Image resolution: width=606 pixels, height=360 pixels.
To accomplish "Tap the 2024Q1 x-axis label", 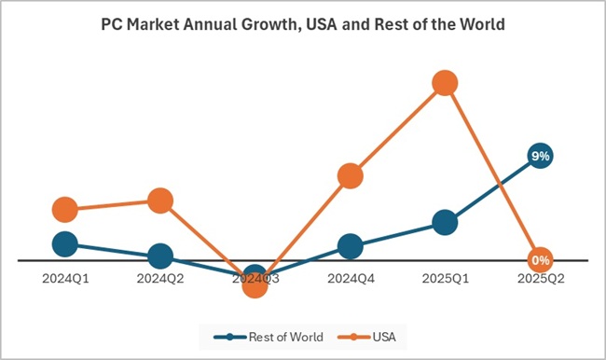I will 64,277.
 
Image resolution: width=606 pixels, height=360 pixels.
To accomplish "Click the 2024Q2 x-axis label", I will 159,277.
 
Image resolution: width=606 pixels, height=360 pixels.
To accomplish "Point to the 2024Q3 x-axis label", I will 255,277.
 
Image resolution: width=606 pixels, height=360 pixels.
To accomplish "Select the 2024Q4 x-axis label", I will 350,277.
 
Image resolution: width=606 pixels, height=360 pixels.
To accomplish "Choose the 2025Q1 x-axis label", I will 445,277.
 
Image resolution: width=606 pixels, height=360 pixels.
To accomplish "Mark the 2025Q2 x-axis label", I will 540,277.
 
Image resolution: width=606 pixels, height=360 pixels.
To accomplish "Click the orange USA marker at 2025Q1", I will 445,83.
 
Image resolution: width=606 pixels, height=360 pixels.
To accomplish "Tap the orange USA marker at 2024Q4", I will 350,175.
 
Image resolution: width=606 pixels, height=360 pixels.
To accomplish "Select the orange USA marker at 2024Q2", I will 159,200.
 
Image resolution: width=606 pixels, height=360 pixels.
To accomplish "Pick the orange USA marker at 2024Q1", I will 64,209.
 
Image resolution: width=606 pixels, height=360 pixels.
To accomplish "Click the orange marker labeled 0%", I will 540,259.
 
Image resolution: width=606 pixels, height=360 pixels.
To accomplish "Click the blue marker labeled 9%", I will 540,156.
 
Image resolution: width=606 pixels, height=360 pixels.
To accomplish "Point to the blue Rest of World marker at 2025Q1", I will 445,222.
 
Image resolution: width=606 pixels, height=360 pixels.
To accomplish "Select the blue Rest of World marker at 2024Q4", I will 350,246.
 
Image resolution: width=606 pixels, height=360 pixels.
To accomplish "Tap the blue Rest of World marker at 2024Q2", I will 159,256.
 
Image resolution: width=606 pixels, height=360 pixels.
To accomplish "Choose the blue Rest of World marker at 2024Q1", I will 64,243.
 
